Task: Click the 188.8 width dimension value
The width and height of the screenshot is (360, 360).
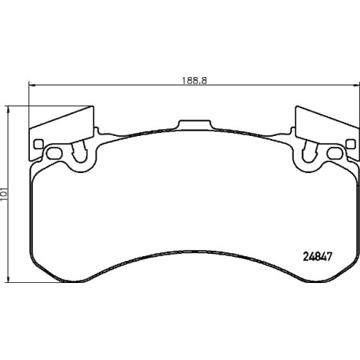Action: (x=194, y=81)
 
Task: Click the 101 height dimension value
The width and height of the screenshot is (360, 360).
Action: (x=4, y=194)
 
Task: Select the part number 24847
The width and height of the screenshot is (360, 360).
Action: (x=318, y=257)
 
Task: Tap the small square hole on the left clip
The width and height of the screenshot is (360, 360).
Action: (x=39, y=144)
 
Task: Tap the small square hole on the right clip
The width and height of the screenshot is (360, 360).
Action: (x=351, y=144)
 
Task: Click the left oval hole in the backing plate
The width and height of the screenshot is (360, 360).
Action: (x=54, y=153)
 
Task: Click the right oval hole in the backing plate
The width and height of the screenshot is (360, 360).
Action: (x=335, y=153)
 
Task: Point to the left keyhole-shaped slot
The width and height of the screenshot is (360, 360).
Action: (x=79, y=152)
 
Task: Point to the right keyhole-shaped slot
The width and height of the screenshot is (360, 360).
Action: (x=310, y=152)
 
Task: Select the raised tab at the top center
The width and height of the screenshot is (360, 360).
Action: (x=194, y=124)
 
